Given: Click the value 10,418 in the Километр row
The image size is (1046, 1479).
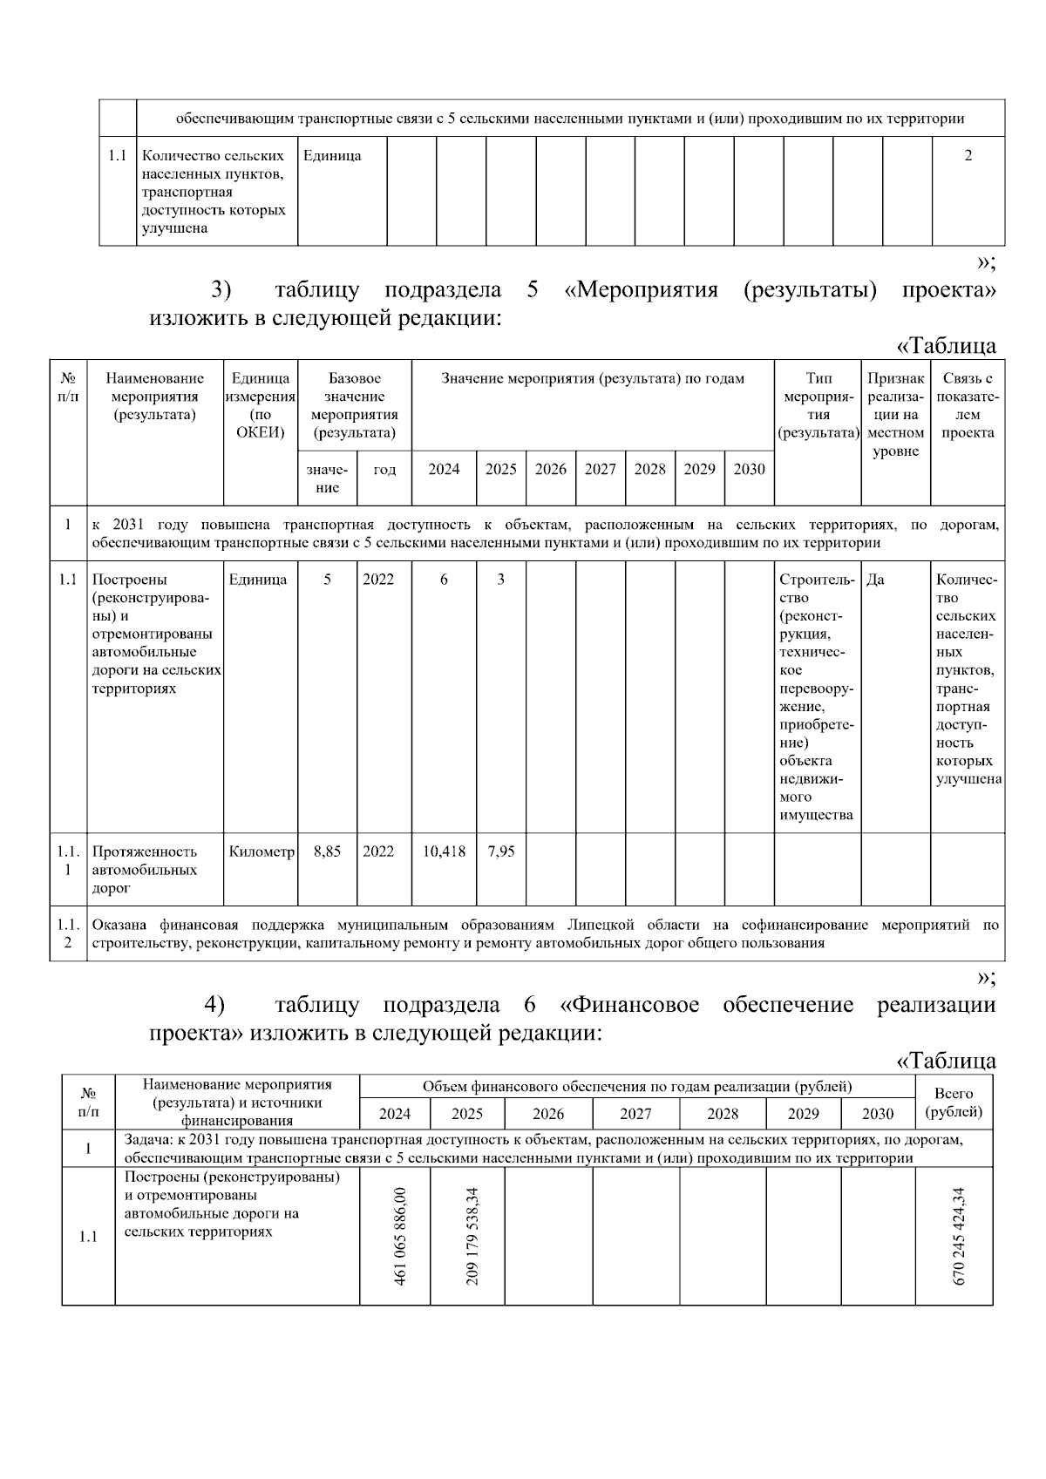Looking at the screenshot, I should (444, 851).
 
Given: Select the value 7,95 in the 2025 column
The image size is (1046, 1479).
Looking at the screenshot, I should (500, 851).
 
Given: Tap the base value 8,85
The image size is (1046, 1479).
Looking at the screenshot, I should (327, 851).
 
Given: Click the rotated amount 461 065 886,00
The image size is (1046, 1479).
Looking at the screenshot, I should (400, 1236).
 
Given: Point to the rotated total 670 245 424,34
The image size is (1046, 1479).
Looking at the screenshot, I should (960, 1236).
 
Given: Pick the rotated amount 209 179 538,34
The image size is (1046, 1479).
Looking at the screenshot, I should (472, 1236).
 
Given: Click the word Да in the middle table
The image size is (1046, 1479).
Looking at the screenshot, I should (875, 580).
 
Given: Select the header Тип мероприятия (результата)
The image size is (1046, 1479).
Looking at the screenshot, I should (818, 405).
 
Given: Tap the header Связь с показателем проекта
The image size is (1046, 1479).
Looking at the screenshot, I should (967, 405).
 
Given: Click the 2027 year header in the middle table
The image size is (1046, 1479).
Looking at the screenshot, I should (600, 469).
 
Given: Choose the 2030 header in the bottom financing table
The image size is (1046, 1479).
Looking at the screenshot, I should (877, 1114).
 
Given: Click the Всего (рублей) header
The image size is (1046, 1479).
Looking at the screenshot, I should (953, 1102).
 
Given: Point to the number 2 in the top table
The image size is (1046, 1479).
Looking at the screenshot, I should (968, 156).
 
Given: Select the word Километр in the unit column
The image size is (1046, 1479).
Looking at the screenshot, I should (261, 851).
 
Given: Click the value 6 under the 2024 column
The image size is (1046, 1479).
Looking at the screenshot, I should (444, 580).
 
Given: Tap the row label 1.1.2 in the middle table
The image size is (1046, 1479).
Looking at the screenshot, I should (68, 933).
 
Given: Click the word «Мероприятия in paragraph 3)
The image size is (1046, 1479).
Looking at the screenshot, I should (641, 290).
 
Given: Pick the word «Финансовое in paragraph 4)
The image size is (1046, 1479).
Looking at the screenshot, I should (629, 1005).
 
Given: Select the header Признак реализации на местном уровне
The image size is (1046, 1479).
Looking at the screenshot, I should (895, 415).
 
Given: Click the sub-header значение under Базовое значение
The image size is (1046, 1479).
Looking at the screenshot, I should (327, 478).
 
